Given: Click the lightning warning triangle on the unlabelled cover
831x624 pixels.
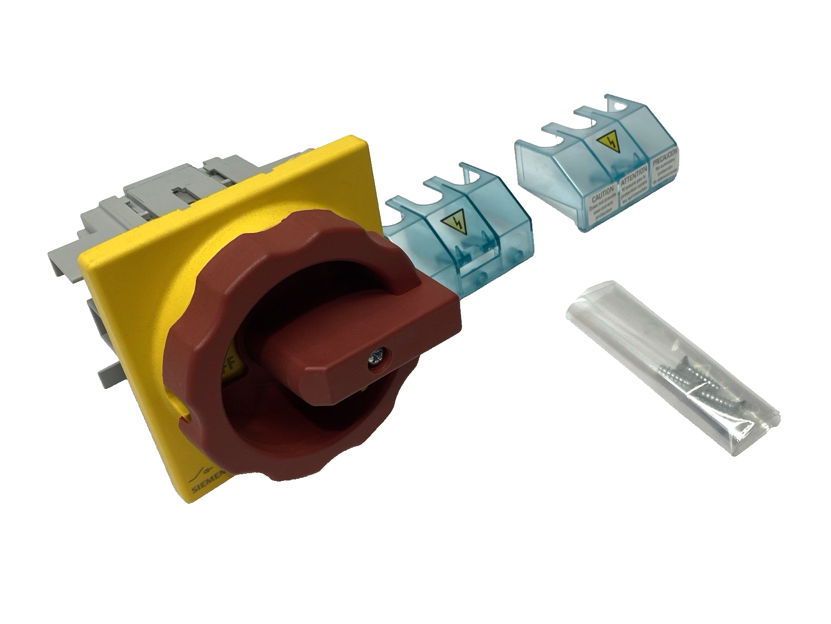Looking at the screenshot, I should click(452, 224).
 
